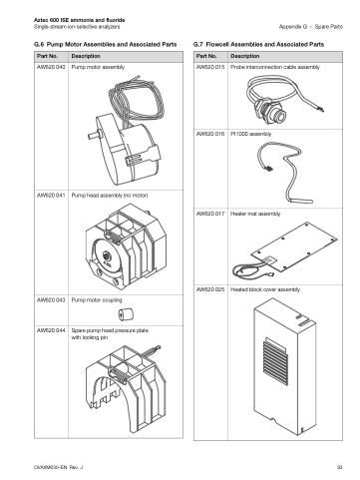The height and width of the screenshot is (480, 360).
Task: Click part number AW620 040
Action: tap(51, 67)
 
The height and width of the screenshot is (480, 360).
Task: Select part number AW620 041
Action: tap(51, 196)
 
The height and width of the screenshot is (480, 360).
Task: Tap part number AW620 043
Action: tap(51, 300)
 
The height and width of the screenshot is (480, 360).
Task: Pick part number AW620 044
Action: tap(51, 330)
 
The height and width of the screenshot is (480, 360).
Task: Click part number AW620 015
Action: tap(210, 67)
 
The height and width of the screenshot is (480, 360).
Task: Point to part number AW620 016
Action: tap(210, 134)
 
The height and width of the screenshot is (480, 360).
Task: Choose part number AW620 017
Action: tap(210, 214)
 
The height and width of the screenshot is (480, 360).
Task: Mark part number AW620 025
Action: tap(210, 289)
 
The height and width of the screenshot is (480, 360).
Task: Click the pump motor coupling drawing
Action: tap(126, 314)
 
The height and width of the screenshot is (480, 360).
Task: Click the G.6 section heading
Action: tap(106, 44)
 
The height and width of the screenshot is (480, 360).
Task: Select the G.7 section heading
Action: tap(258, 44)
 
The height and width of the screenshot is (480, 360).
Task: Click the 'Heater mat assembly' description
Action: tap(255, 214)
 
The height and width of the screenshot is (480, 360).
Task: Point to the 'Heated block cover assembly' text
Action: tap(265, 289)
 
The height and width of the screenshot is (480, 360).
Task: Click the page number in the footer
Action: tap(339, 467)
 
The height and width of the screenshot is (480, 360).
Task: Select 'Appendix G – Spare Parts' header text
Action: tap(310, 27)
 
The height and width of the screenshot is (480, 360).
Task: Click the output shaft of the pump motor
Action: tap(93, 136)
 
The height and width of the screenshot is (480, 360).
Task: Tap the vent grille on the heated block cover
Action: tap(275, 361)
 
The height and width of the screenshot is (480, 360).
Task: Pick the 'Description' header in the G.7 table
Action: tap(245, 56)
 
